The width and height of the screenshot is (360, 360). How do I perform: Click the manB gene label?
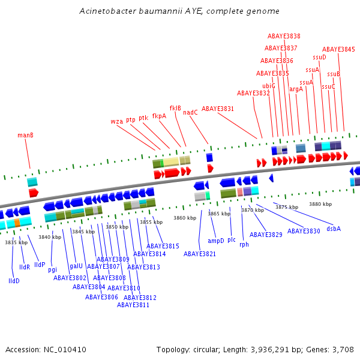(25, 135)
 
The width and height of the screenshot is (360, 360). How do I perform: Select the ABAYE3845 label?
(338, 49)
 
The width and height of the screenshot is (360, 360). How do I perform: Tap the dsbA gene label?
(334, 229)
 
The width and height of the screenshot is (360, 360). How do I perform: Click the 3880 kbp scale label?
(320, 204)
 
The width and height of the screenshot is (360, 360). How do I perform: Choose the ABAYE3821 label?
(200, 254)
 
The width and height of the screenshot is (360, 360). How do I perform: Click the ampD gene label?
(216, 241)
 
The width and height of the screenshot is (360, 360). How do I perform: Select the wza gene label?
(117, 121)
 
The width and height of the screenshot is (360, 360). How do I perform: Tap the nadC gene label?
(190, 112)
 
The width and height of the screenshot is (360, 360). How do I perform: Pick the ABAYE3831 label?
(218, 109)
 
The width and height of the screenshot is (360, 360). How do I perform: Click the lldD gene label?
(14, 280)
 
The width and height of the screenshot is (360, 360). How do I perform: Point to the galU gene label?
(76, 265)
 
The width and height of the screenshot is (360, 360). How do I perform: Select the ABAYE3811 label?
(133, 305)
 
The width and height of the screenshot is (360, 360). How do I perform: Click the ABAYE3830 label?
(304, 231)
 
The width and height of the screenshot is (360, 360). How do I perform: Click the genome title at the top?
(179, 11)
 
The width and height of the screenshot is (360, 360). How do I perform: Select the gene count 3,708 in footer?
(343, 349)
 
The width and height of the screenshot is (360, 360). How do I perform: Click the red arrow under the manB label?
(33, 193)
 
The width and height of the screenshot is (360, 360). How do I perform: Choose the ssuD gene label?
(319, 57)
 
